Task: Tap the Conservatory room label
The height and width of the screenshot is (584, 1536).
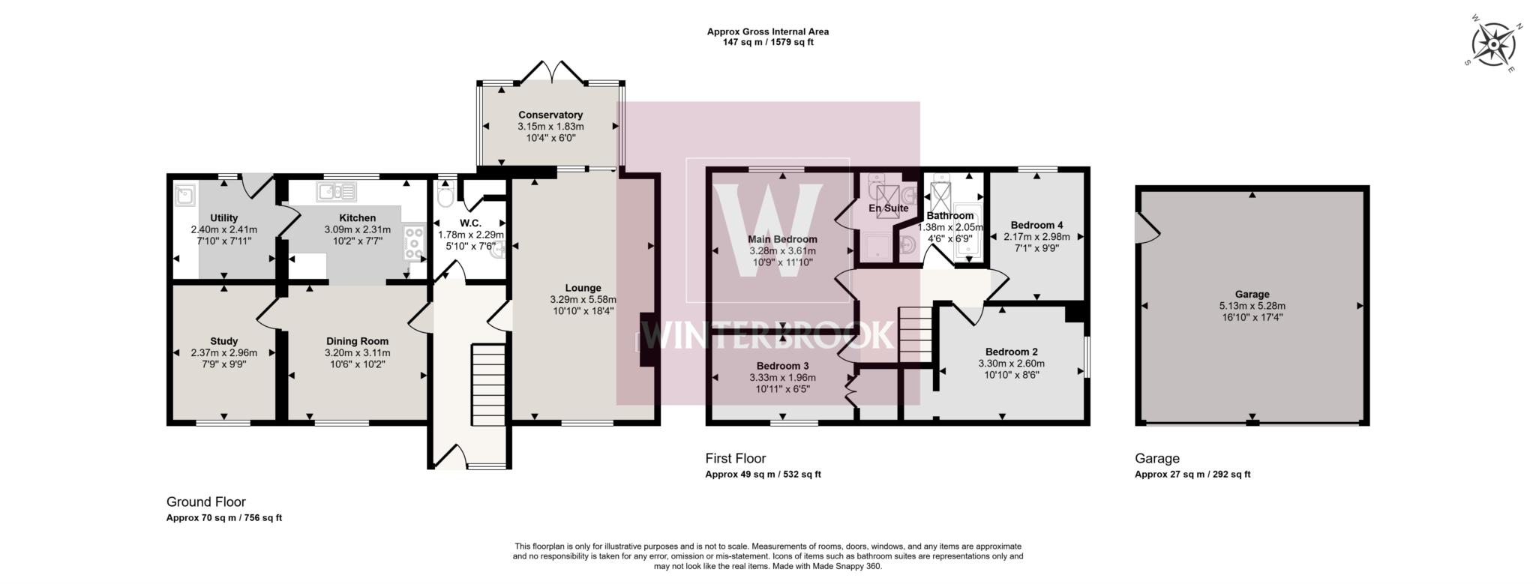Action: coord(550,115)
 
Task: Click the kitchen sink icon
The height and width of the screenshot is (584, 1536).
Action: coord(336,192)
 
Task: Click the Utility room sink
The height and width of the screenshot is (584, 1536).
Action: coord(185,196)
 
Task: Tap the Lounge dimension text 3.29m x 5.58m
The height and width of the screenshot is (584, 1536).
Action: coord(583,299)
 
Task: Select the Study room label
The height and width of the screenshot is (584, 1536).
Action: coord(224,341)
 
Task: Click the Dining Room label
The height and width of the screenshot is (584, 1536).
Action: coord(357,341)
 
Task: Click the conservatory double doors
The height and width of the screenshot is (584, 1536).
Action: coord(552,72)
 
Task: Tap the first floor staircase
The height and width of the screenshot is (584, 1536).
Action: coord(914,334)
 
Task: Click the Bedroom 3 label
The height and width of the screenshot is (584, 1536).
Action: coord(781,366)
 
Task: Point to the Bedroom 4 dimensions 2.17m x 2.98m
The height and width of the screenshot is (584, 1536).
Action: coord(1036,237)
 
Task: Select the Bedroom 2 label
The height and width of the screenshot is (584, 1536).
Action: coord(1011,352)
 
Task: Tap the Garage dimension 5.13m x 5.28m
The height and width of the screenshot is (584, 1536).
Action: coord(1252,306)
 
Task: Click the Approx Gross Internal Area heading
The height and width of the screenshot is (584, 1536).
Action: coord(767,31)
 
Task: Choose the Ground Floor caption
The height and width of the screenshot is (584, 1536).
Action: coord(205,502)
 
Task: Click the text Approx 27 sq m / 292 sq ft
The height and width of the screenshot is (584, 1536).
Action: coord(1192,474)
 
